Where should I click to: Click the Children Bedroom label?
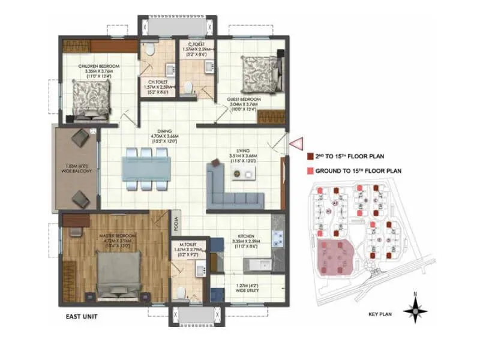pyautogui.click(x=99, y=70)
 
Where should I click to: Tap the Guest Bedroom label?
pyautogui.click(x=244, y=103)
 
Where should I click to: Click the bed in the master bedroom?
pyautogui.click(x=119, y=274)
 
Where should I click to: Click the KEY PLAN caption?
pyautogui.click(x=381, y=313)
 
